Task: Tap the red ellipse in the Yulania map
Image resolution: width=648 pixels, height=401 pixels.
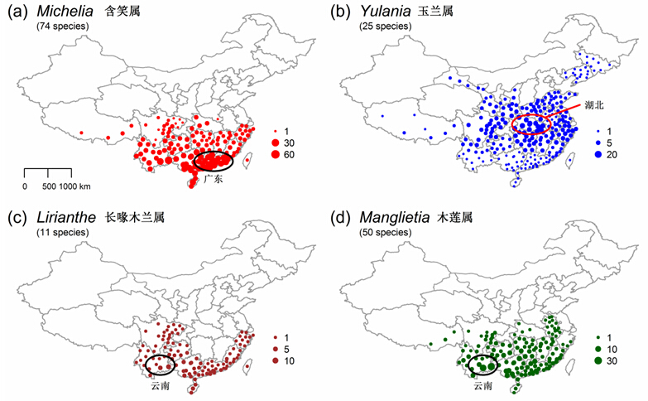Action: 531,125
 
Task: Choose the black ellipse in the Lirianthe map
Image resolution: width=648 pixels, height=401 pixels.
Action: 160,363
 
